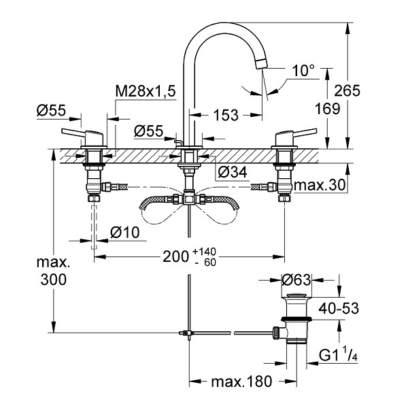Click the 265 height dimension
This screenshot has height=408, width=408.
tap(347, 90)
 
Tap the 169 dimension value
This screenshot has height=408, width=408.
tap(327, 108)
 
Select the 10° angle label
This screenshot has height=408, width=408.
tap(303, 71)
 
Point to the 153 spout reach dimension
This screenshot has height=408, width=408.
tap(226, 116)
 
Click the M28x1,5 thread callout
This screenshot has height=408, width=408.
tap(146, 91)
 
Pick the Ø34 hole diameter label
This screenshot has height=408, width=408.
tap(233, 172)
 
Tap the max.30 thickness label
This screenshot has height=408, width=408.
tap(320, 185)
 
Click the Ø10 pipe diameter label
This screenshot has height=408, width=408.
tap(125, 233)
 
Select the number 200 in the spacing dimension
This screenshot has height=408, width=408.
tap(175, 257)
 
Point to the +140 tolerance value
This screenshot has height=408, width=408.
tap(204, 252)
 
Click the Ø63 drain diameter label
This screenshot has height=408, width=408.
tap(296, 280)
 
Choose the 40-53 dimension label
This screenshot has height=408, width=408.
tap(339, 308)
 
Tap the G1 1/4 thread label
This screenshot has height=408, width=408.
tap(338, 355)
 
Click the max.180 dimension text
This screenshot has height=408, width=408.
tap(241, 381)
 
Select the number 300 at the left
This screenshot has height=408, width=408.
tap(53, 279)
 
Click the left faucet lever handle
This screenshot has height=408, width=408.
tap(82, 135)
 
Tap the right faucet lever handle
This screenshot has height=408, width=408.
tap(296, 135)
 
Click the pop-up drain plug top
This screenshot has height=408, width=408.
tap(297, 296)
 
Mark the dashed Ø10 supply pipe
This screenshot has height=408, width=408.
tap(94, 227)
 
